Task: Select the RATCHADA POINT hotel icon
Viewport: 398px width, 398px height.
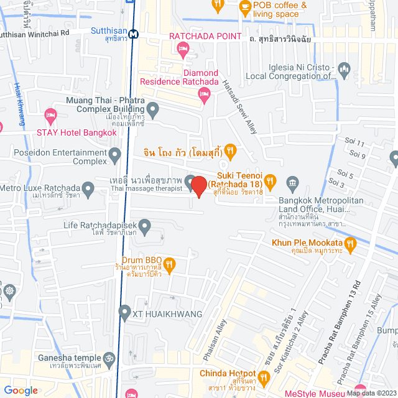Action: click(x=183, y=49)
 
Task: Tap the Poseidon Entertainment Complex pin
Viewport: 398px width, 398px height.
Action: click(x=114, y=154)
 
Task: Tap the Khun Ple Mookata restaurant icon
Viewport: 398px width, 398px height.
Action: click(x=349, y=243)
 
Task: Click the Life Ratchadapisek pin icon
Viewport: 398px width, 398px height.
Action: click(x=145, y=226)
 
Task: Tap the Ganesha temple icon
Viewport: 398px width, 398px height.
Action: click(x=109, y=358)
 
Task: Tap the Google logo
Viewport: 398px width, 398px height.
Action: click(x=21, y=391)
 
